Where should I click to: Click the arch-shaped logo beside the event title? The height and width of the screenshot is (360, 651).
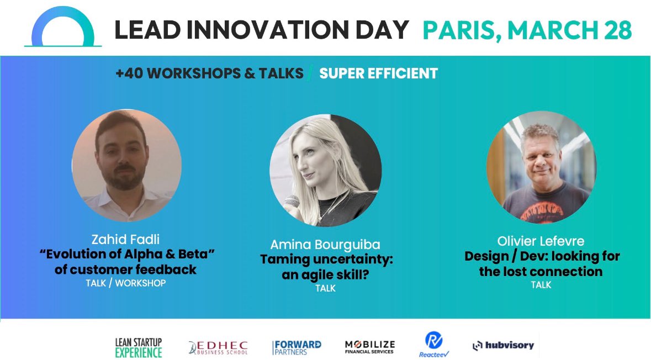63,28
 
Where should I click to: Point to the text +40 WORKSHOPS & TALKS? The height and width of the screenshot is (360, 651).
209,73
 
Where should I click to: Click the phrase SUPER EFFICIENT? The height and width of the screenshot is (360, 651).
378,73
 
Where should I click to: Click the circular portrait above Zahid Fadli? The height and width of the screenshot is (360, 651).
126,165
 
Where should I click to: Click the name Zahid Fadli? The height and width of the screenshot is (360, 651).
126,240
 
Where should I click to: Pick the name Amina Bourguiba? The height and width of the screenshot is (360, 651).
325,245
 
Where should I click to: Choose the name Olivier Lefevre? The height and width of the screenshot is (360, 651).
541,241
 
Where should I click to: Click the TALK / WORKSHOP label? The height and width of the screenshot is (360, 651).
126,283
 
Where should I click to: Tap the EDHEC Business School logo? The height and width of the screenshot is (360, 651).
218,347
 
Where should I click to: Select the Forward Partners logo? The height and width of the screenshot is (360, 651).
297,347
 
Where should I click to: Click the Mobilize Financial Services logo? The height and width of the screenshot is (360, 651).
369,347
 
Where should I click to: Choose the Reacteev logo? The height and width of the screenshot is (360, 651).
433,345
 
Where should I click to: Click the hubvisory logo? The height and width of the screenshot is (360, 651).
503,346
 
